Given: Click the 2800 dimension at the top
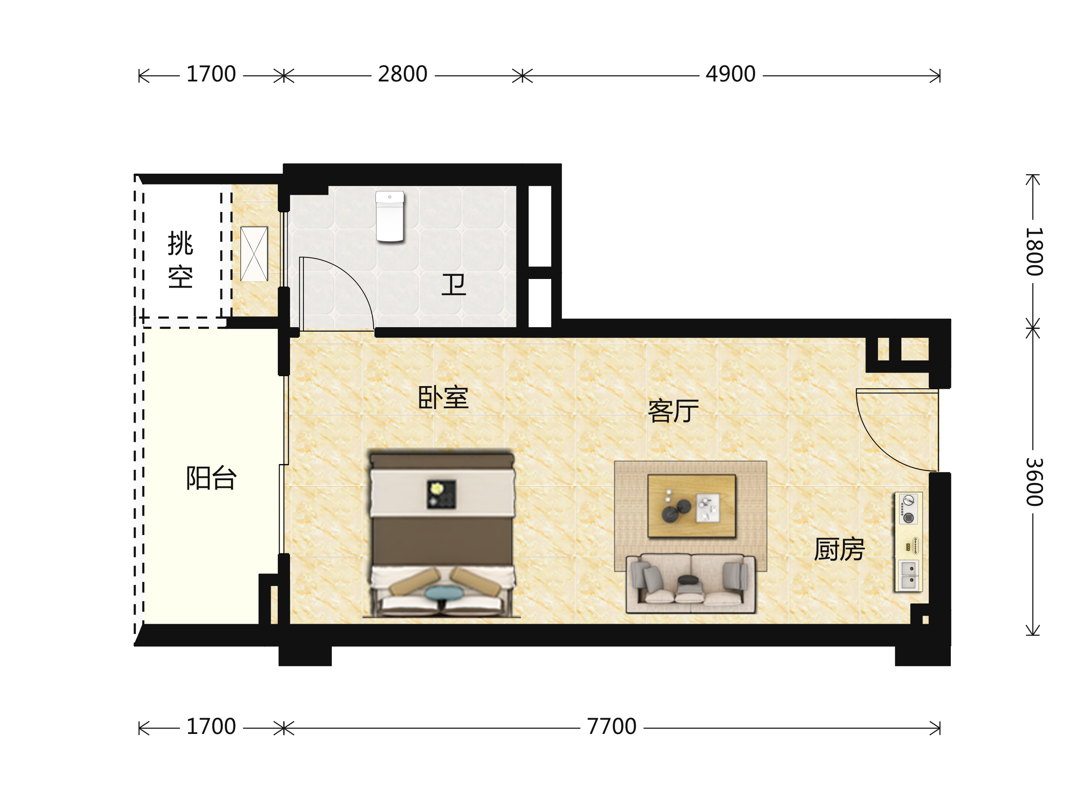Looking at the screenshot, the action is pos(402,74).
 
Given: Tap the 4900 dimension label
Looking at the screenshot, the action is pos(730,74).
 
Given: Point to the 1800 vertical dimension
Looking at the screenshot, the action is pos(1034,252).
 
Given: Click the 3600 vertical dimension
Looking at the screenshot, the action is pos(1034,482).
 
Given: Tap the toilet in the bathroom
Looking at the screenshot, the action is pos(390,216).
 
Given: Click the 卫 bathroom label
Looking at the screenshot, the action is pos(454,285).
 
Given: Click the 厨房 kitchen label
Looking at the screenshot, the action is pos(839,549).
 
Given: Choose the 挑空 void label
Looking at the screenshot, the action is pos(180,260).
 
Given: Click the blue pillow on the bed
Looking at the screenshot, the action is pos(444,593).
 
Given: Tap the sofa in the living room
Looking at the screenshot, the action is pos(691,584).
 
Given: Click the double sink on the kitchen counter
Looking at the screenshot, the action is pos(908,575).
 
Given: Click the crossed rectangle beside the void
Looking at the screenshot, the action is pos(254,254).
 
